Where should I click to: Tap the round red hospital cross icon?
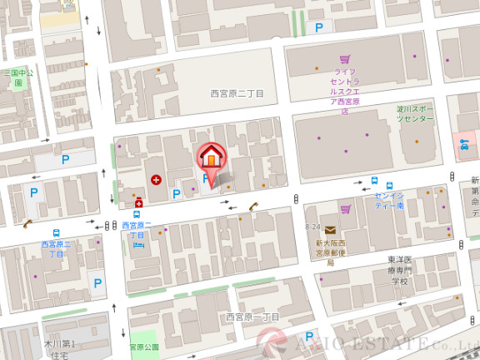[x=156, y=178]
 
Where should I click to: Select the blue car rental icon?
[x=464, y=145]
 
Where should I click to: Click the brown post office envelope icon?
[x=331, y=230]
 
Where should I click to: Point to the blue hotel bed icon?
[x=137, y=245]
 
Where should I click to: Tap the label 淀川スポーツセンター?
[x=415, y=114]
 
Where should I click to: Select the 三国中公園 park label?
[x=17, y=77]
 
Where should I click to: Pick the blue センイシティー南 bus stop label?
[x=389, y=200]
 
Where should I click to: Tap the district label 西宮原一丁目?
[x=252, y=317]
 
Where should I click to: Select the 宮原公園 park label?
[x=143, y=347]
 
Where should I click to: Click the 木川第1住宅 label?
[x=59, y=349]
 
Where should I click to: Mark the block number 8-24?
[x=312, y=227]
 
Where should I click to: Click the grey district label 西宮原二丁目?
[x=237, y=94]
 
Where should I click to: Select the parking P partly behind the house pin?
[x=205, y=178]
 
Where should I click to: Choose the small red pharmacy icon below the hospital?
[x=138, y=202]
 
